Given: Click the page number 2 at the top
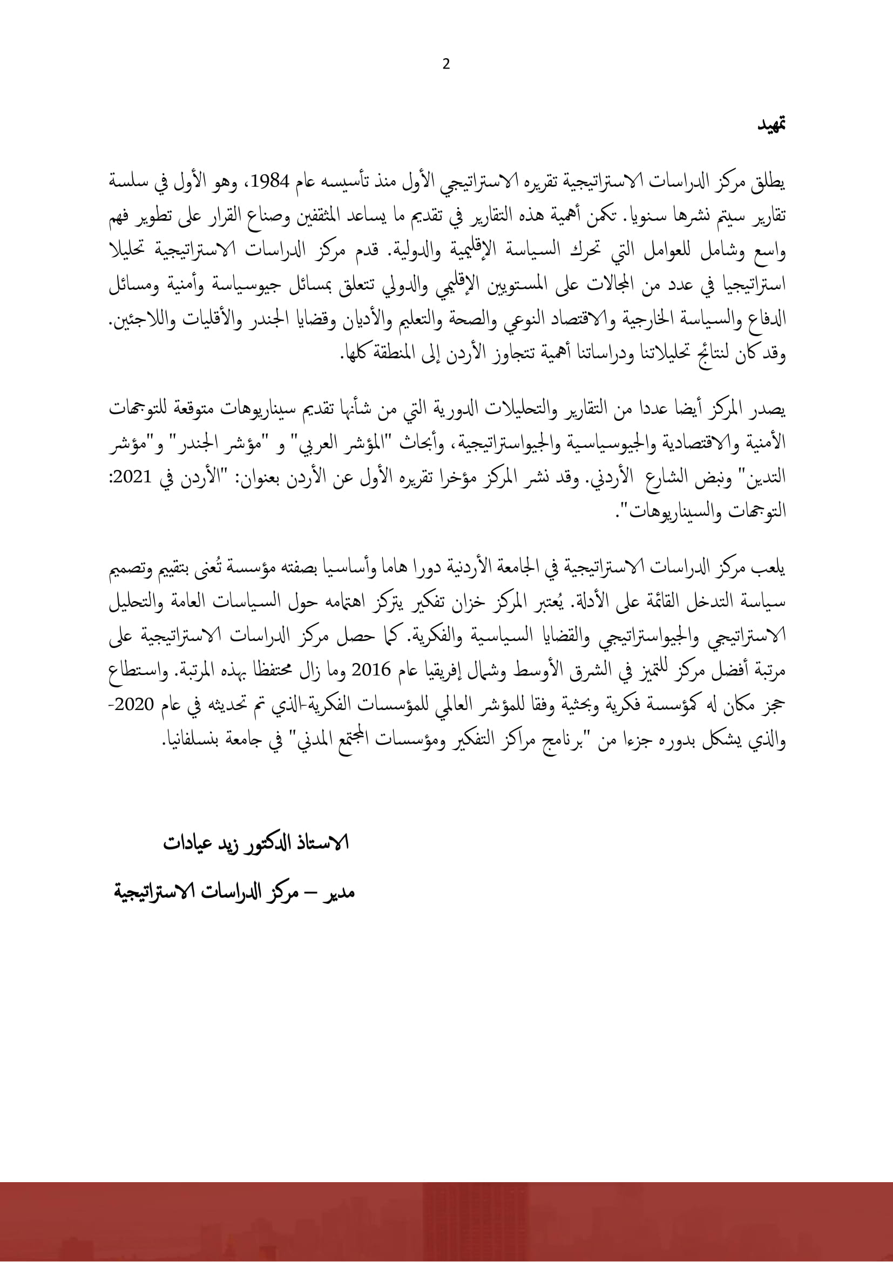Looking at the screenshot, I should click(x=445, y=65).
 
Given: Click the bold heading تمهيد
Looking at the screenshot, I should click(x=770, y=140).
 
